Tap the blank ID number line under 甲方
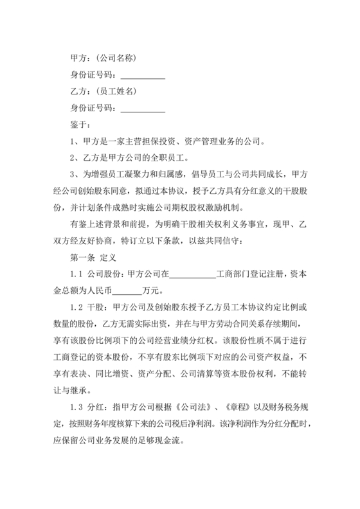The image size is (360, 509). (143, 75)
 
